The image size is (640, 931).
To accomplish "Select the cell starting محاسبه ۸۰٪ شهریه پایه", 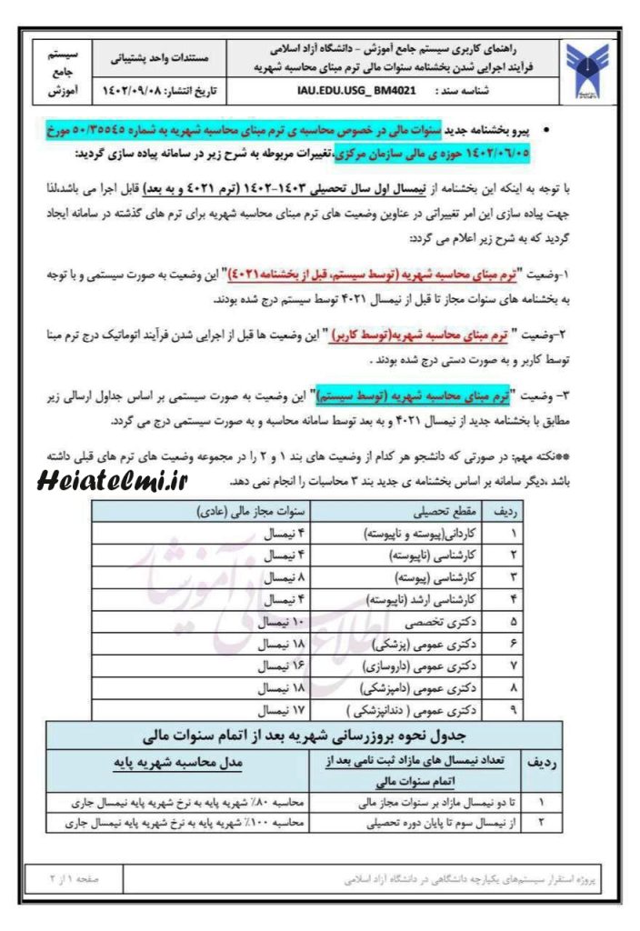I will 184,803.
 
